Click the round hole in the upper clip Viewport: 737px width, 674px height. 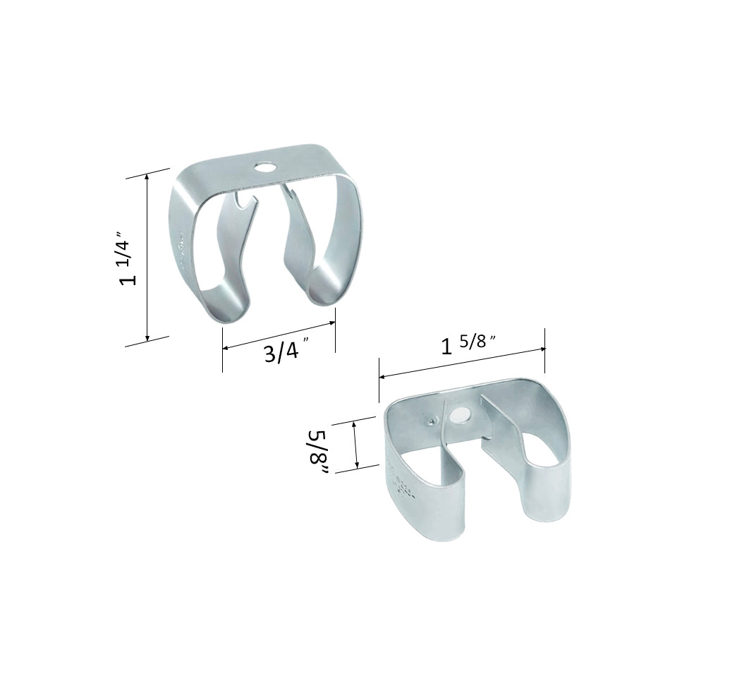coord(266,168)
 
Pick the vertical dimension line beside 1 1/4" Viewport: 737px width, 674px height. coord(147,258)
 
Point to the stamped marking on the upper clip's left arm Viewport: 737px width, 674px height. coord(182,247)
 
